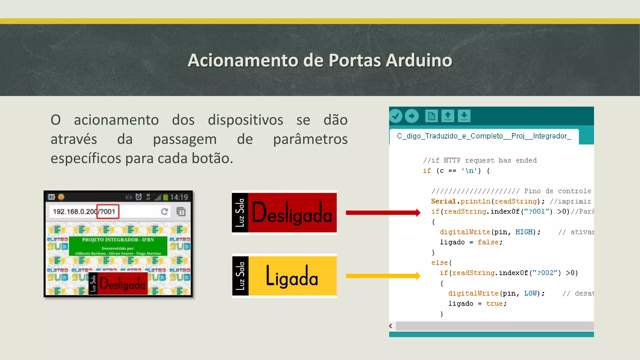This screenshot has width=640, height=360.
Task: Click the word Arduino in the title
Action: (x=419, y=60)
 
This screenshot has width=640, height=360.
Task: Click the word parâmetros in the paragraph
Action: (x=310, y=139)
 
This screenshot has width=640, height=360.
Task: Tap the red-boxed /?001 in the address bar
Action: (x=107, y=212)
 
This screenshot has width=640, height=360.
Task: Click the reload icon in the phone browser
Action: (x=164, y=212)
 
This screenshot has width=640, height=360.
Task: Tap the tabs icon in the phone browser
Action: (x=181, y=212)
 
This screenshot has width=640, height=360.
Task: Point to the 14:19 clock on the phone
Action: (x=179, y=197)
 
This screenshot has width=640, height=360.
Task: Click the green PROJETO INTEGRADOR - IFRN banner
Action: (x=118, y=246)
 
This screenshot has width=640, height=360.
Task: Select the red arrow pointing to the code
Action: (x=383, y=213)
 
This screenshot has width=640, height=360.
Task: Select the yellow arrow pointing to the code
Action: (x=383, y=276)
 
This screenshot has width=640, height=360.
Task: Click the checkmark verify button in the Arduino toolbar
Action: (x=396, y=116)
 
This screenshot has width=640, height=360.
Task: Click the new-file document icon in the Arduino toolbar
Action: (x=431, y=116)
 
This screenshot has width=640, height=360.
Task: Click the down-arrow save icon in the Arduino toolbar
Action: (x=464, y=116)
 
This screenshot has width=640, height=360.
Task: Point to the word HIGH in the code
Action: (x=524, y=232)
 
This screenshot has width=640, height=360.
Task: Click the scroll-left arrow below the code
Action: (x=391, y=326)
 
